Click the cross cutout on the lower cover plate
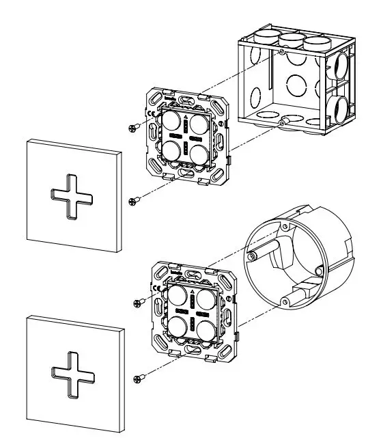[x=70, y=373]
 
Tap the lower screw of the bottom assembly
[x=140, y=375]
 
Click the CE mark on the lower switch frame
[x=156, y=288]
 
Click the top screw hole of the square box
[x=282, y=51]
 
